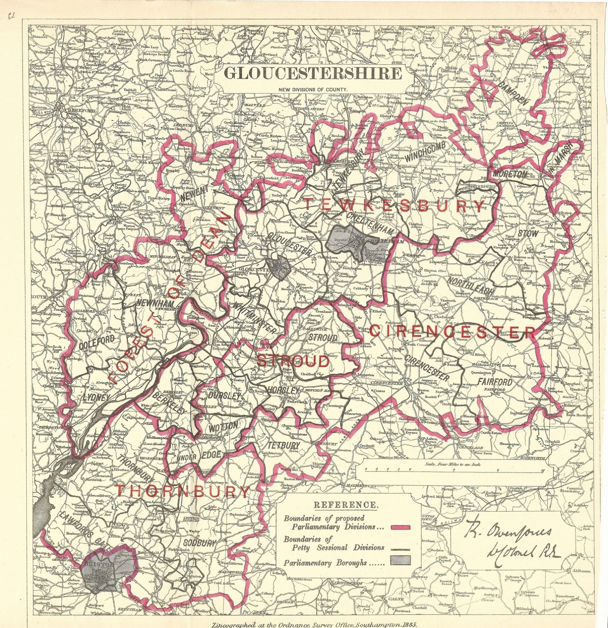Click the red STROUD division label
293,361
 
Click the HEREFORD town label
77,109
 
